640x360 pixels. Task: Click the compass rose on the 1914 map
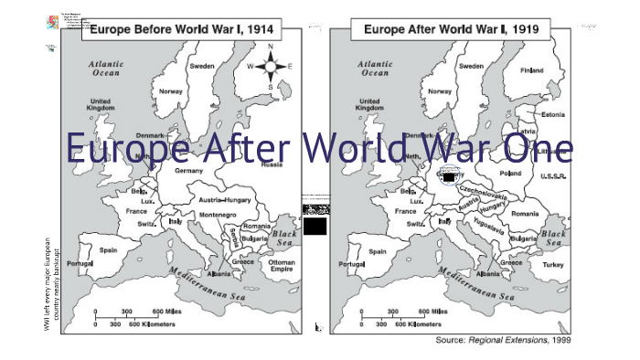coord(270,67)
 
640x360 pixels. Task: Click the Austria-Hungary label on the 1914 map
coord(225,199)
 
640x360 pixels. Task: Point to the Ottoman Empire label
coord(282,266)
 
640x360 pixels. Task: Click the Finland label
coord(531,70)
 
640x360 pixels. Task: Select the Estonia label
coord(553,114)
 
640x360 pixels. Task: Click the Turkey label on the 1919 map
coord(553,265)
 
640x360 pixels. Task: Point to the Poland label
coord(510,173)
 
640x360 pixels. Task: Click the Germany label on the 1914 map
coord(188,171)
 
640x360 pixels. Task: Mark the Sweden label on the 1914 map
coord(202,66)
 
